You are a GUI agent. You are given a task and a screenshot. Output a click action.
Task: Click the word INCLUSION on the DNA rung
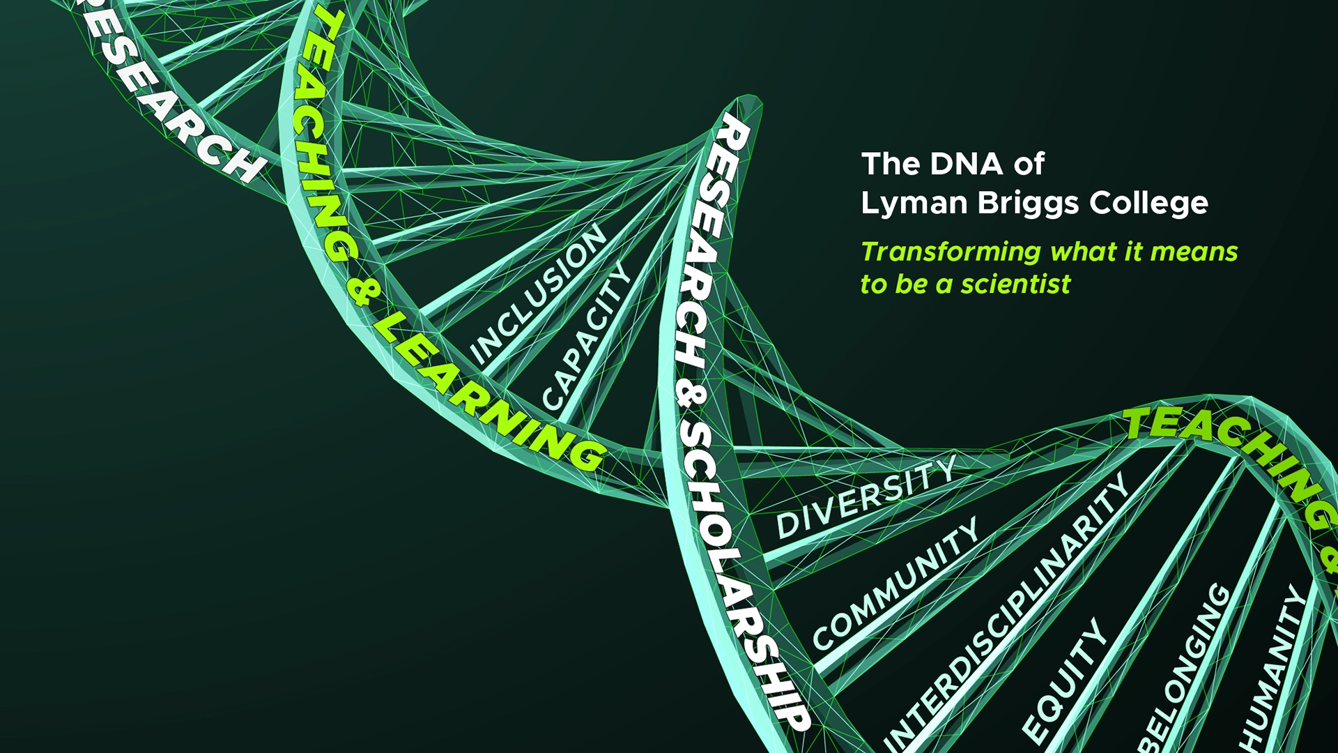tap(537, 294)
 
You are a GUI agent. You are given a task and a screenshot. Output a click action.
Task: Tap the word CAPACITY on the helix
tap(585, 337)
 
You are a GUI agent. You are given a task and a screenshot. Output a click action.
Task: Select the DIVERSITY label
tap(866, 496)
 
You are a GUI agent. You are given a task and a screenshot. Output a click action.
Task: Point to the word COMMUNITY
tap(895, 584)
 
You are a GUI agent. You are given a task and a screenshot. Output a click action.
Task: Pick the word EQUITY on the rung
tap(1063, 680)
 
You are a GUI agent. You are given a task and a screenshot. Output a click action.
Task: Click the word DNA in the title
tap(967, 164)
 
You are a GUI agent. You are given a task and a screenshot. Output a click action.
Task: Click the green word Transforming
tap(951, 252)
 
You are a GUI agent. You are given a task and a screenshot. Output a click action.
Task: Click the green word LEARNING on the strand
tap(488, 396)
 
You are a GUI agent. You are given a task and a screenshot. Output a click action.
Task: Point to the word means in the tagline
tap(1194, 252)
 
